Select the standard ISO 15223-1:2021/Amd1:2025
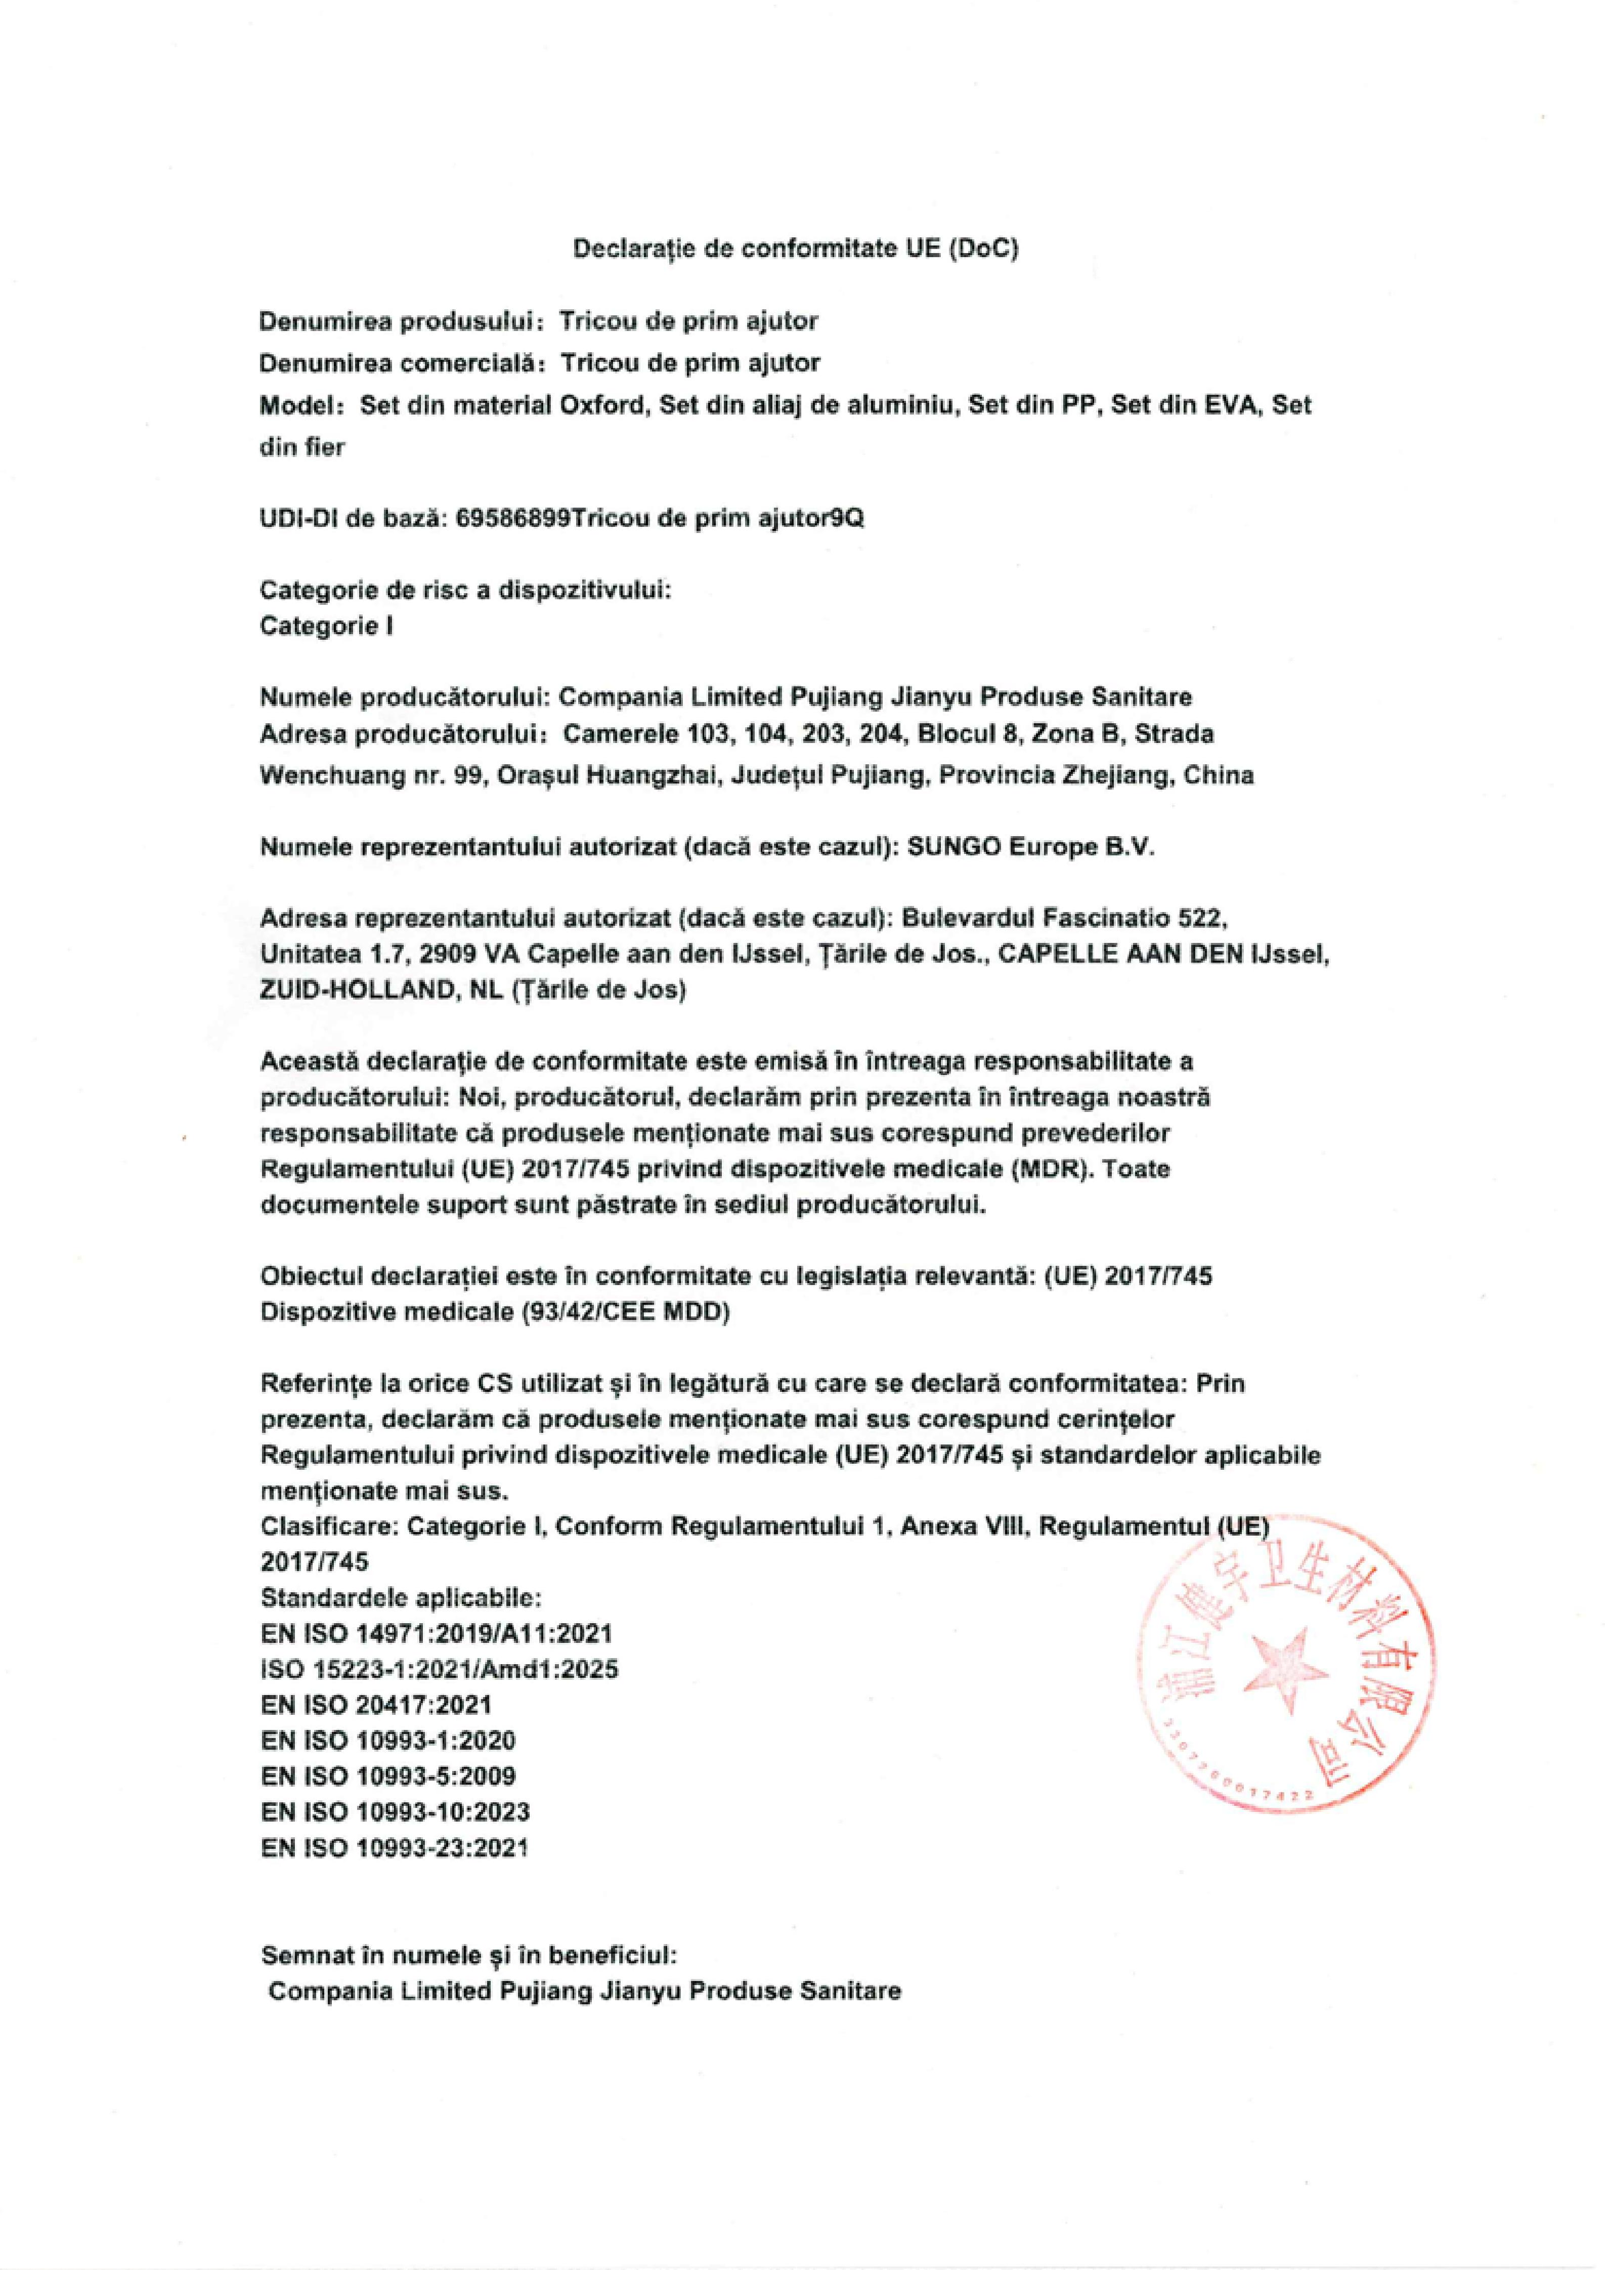440,1669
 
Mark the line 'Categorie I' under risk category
326,626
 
